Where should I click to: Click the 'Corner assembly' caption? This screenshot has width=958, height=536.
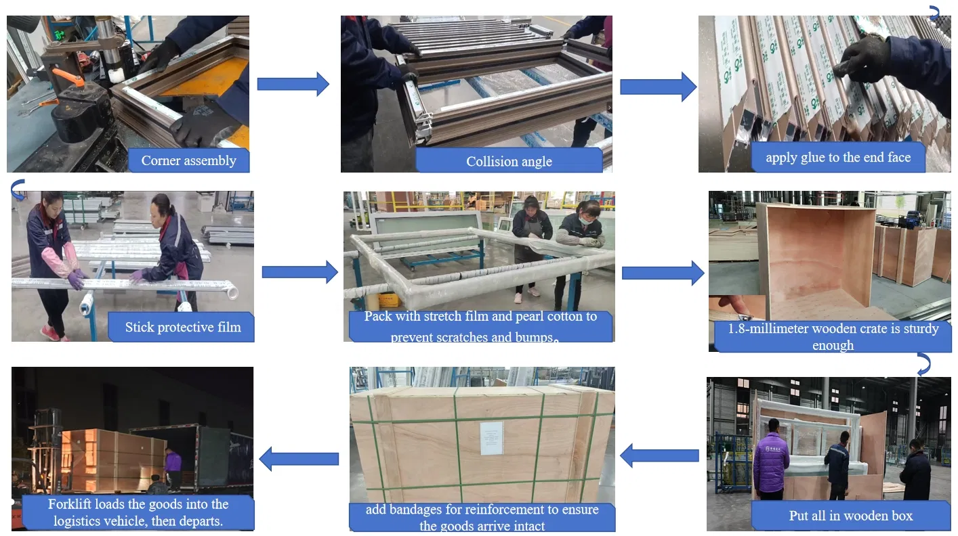point(188,160)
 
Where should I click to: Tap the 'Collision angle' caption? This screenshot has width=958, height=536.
point(509,162)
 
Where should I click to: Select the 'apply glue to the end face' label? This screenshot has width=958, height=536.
point(838,158)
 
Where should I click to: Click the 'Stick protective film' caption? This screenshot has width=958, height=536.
point(183,327)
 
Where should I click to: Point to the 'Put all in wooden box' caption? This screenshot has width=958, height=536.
point(851,516)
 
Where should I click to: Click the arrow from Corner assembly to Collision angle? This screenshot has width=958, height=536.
point(293,84)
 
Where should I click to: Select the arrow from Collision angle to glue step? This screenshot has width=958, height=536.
point(658,87)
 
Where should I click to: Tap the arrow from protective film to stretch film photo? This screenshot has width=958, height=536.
point(300,272)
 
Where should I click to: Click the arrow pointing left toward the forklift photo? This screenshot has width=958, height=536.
point(299,459)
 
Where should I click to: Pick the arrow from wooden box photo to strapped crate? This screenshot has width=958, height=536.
point(659,455)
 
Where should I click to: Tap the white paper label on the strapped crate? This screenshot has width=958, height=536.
point(491,438)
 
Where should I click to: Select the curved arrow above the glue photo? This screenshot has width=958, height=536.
point(935,13)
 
